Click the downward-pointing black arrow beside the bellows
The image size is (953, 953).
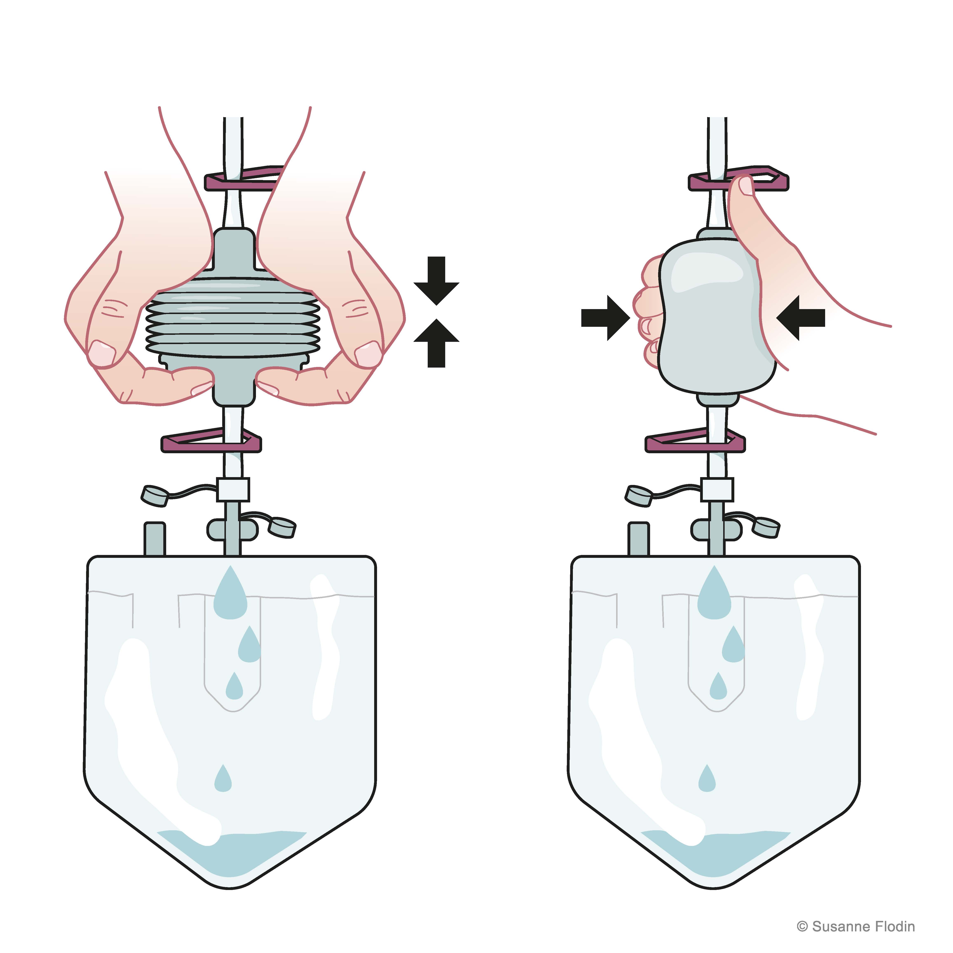437,280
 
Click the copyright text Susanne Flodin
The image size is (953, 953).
856,926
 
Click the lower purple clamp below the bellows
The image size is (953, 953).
211,440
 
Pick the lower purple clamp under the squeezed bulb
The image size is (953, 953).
696,440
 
